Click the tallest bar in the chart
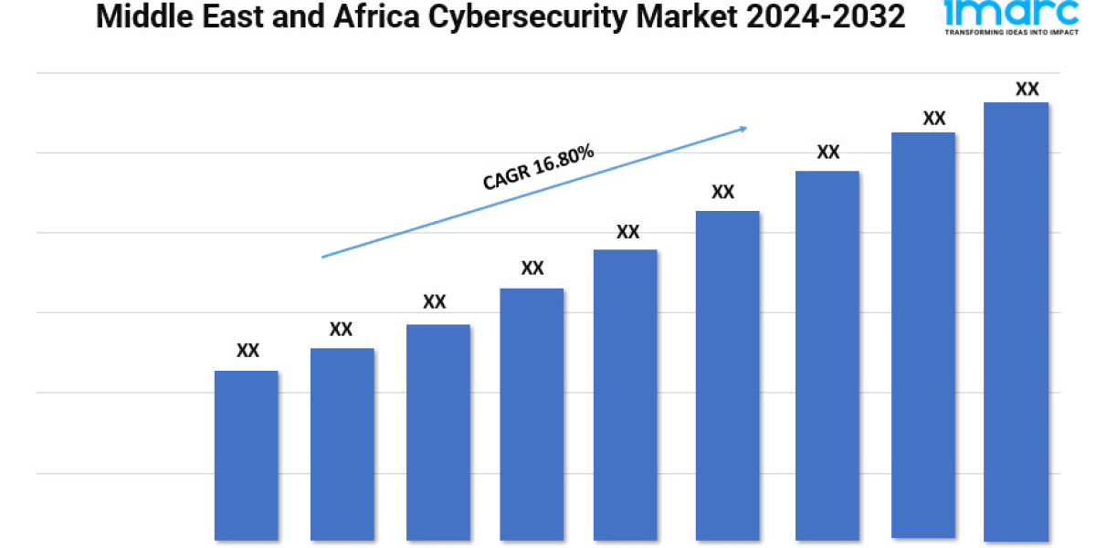coord(1016,320)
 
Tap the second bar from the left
coord(342,444)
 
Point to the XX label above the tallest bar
coord(1027,90)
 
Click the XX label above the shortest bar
coord(248,351)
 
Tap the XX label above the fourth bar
coord(532,269)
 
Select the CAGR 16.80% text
coord(539,168)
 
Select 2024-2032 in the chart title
coord(826,16)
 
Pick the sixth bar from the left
coord(727,375)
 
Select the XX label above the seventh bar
coord(827,153)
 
